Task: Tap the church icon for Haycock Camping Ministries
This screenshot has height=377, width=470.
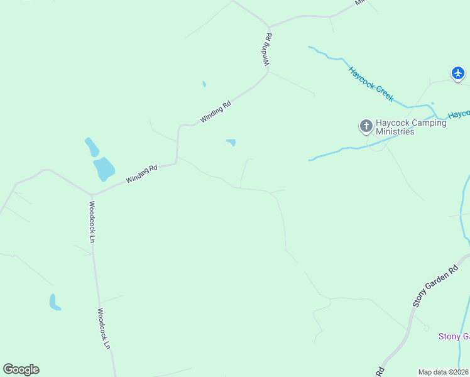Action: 366,127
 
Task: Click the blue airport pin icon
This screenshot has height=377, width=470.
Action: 458,74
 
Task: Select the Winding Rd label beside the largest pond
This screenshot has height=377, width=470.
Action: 141,173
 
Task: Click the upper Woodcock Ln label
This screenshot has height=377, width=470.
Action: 92,221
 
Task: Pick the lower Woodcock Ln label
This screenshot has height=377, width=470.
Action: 104,328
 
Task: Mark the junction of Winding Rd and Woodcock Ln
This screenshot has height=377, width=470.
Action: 92,194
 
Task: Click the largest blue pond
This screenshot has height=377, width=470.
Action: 104,168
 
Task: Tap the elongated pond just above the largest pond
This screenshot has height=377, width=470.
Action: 92,147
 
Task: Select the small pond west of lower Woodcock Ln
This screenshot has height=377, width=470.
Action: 55,303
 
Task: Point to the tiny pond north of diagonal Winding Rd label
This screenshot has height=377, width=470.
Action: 204,84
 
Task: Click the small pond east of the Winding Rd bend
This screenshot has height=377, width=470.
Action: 231,143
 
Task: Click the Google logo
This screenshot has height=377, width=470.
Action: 21,369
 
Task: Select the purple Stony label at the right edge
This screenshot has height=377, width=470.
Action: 453,337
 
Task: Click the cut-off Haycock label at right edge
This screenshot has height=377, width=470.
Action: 459,114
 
